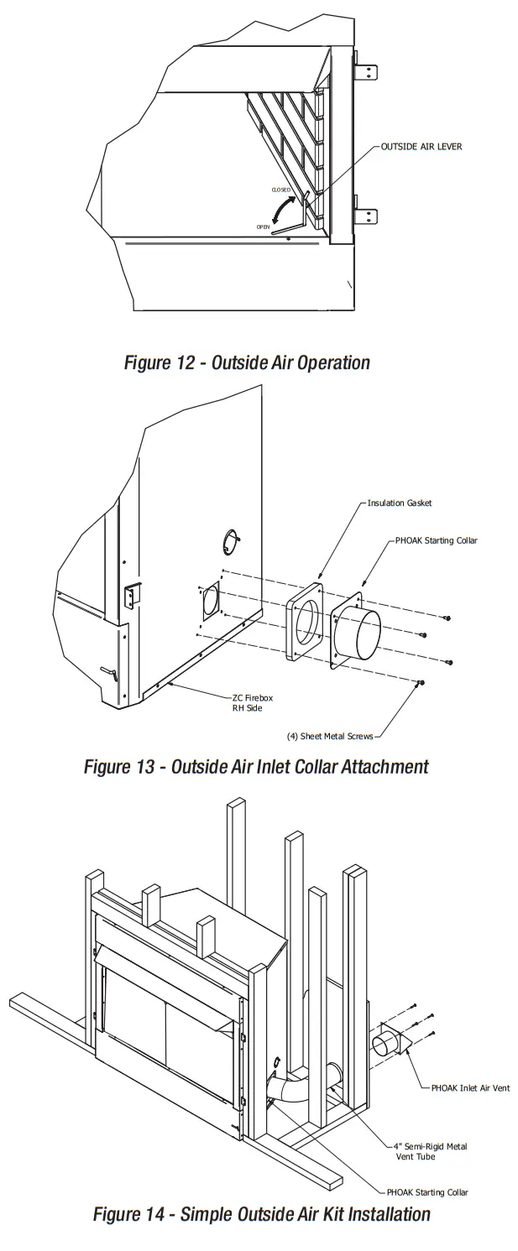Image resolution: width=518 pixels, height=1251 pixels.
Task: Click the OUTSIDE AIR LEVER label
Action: click(421, 147)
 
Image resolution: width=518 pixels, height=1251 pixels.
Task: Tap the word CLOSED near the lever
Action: click(280, 190)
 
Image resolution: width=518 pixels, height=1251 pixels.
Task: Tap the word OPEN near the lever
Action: click(263, 227)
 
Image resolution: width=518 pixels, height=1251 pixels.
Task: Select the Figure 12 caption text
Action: click(247, 362)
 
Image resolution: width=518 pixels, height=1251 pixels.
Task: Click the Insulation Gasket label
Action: click(399, 503)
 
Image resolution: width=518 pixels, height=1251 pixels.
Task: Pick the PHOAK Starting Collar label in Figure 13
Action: click(436, 541)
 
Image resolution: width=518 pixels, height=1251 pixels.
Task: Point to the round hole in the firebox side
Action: click(231, 541)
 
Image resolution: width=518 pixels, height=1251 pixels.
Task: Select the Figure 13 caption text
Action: click(256, 766)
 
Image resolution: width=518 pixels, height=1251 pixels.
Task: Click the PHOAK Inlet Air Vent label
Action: click(469, 1088)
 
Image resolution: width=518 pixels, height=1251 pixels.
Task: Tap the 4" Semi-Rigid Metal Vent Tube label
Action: click(430, 1151)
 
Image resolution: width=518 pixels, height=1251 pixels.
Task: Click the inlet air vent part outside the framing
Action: click(389, 1044)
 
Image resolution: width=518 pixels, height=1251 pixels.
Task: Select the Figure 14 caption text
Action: click(261, 1214)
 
